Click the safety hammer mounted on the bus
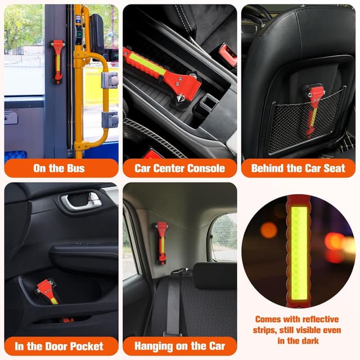pyautogui.click(x=57, y=61)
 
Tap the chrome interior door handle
pyautogui.click(x=81, y=201)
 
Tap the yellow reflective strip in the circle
pyautogui.click(x=299, y=253)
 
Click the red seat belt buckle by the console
pyautogui.click(x=227, y=55)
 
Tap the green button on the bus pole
pyautogui.click(x=79, y=35)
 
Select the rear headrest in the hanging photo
pyautogui.click(x=215, y=276)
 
